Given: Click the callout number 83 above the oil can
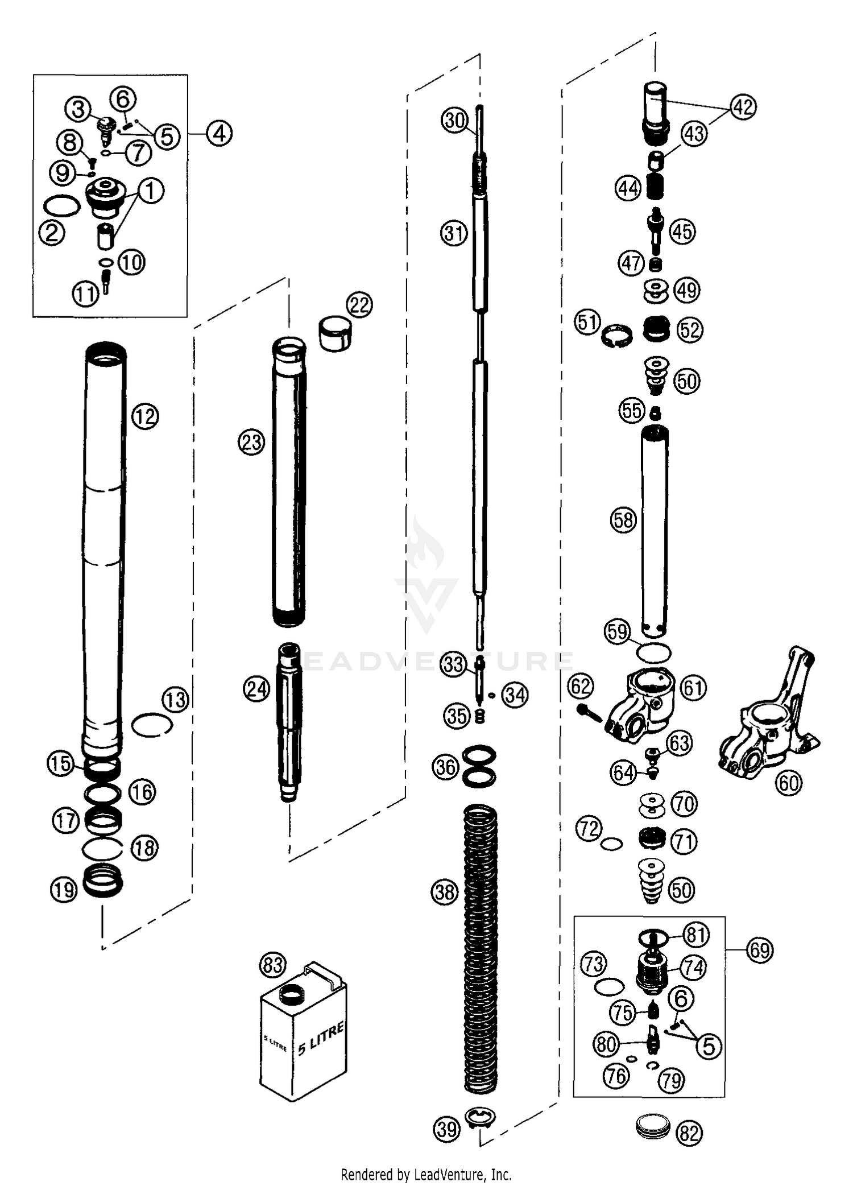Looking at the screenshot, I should click(272, 965).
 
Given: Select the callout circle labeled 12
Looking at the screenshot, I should click(145, 417).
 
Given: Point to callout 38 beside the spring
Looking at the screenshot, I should click(445, 891).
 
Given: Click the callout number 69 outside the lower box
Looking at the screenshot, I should click(760, 950).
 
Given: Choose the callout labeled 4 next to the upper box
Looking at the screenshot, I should click(219, 134).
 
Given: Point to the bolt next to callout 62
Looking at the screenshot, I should click(590, 712).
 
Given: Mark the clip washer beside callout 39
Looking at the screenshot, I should click(481, 1118).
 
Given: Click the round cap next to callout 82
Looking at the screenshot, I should click(651, 1127).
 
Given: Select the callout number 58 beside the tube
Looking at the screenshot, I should click(623, 520).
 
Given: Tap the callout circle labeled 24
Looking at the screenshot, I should click(256, 689).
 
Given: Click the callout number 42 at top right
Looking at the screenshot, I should click(743, 107).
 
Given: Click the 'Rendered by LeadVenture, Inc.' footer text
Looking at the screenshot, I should click(426, 1174).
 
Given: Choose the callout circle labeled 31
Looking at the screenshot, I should click(454, 233).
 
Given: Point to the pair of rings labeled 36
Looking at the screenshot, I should click(479, 767).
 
